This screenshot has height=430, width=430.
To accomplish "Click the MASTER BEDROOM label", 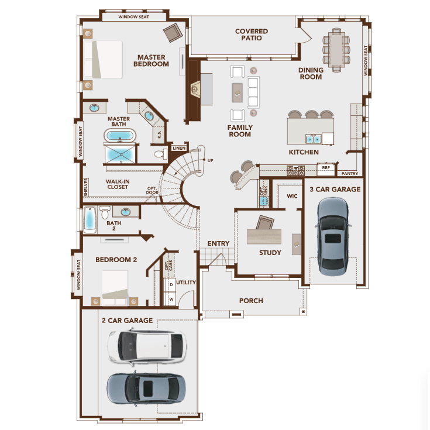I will (151, 61).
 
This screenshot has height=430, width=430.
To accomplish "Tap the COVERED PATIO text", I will (252, 35).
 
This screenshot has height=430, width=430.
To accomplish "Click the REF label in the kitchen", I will (326, 168).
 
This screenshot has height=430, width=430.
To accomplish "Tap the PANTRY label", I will (350, 174).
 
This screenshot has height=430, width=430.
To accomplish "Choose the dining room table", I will (336, 50).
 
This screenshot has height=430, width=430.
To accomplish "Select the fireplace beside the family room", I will (196, 90).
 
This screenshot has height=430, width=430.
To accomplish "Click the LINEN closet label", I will (179, 149).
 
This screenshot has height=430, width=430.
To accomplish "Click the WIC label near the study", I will (293, 196).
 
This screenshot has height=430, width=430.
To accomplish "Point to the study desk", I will (269, 236).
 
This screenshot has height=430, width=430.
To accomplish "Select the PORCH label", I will (251, 301).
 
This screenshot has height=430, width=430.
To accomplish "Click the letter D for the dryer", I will (171, 284).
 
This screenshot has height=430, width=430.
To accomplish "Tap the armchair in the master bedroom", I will (173, 32).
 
